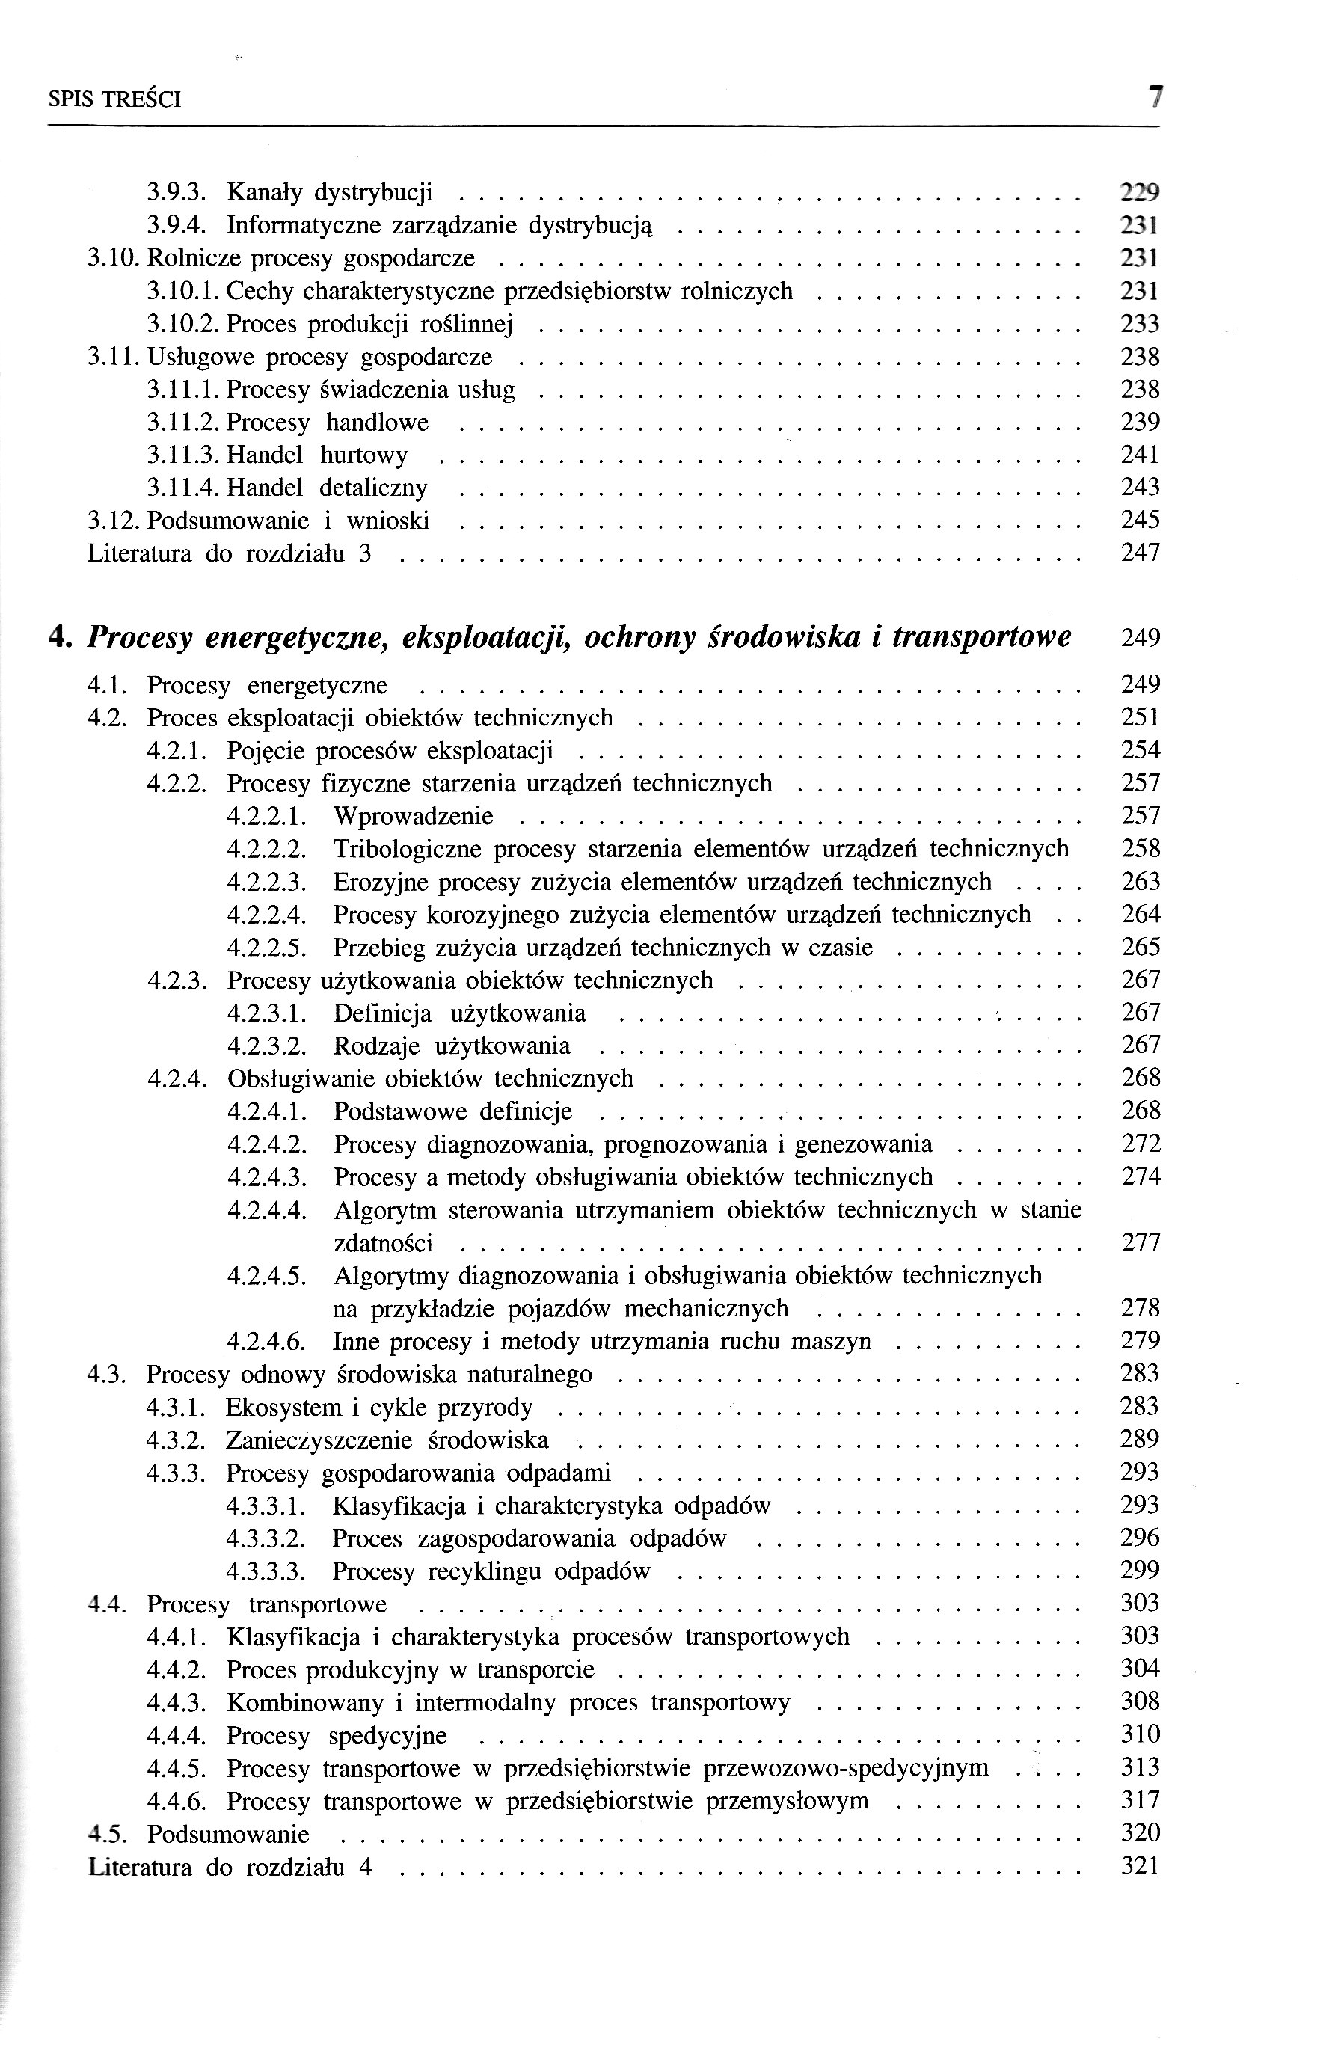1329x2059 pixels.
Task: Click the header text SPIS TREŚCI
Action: coord(114,100)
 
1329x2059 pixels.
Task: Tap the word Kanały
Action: coord(263,191)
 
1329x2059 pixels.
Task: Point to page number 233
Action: coord(1140,324)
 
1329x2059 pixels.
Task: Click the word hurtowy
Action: coord(363,455)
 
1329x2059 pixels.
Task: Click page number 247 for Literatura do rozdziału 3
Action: coord(1140,553)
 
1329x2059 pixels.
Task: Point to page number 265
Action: coord(1140,948)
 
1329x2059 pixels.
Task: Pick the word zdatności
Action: coord(383,1244)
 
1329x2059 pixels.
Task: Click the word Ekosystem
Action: coord(284,1408)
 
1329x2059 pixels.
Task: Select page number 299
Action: coord(1140,1571)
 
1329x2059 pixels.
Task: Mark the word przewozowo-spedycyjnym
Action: coord(847,1768)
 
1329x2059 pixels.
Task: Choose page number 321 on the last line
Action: coord(1140,1867)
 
